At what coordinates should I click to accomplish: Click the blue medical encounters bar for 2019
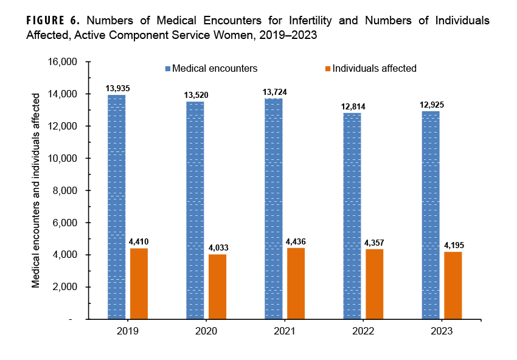(x=117, y=207)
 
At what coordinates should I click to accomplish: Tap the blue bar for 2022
(x=352, y=216)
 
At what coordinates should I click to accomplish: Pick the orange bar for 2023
(x=453, y=285)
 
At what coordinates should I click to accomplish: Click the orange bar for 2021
(x=296, y=283)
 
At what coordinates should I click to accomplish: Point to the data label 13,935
(x=117, y=89)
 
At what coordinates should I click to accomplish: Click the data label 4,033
(x=217, y=248)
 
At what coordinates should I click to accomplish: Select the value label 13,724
(x=274, y=92)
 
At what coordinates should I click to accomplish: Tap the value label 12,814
(x=353, y=106)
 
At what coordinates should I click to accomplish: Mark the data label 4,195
(x=453, y=246)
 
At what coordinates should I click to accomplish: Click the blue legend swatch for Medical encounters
(x=168, y=69)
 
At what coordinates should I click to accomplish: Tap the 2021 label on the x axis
(x=285, y=331)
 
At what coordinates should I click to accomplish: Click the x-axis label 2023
(x=442, y=331)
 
